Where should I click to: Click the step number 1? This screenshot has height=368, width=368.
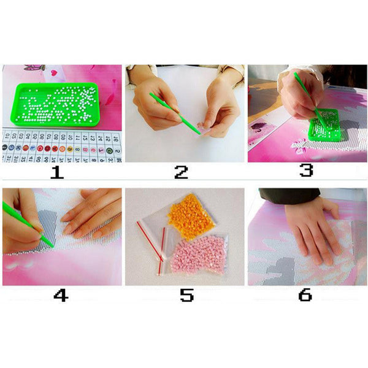click(x=57, y=172)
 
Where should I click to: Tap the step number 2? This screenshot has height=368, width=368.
click(x=182, y=172)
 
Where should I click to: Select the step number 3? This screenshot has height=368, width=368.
click(x=306, y=170)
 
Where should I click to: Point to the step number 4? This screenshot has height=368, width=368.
click(x=60, y=295)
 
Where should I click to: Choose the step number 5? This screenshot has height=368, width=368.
click(x=186, y=295)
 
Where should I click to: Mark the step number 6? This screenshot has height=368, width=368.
click(x=305, y=295)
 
